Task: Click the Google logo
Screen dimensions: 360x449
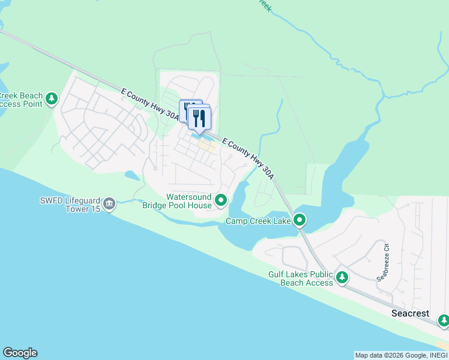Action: point(20,353)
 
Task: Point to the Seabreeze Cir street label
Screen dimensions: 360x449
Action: point(383,262)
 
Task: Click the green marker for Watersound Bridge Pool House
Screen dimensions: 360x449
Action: point(221,200)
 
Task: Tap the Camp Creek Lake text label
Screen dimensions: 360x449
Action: point(258,221)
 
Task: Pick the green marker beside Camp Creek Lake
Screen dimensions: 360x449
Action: point(300,221)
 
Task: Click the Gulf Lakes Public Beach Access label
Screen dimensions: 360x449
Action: point(300,279)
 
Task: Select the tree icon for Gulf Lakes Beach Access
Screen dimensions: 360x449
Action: point(342,277)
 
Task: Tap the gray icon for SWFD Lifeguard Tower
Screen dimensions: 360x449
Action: point(109,204)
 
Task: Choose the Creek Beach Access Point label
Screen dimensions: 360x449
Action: point(21,100)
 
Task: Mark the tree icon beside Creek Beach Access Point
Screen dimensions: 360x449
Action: point(52,98)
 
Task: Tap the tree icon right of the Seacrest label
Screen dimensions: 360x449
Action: point(444,320)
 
